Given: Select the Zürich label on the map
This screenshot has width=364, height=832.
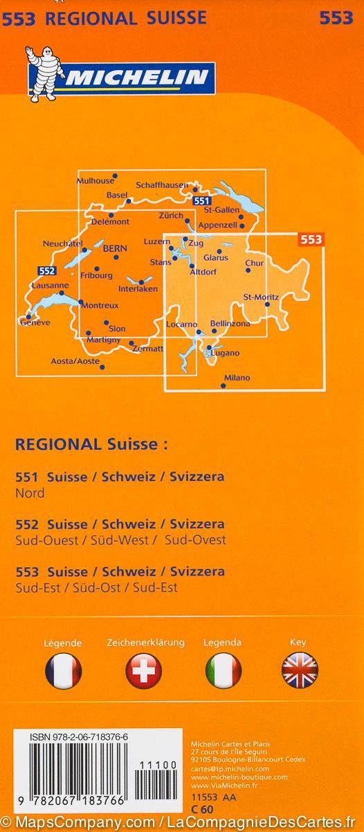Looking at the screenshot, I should (x=170, y=215).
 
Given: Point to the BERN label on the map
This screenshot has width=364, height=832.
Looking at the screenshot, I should (x=113, y=247).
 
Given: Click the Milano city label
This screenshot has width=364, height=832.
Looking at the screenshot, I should (x=236, y=378).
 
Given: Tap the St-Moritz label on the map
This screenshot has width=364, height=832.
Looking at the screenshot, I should (x=261, y=297).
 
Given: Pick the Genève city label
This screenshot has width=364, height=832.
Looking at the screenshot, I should (x=36, y=322).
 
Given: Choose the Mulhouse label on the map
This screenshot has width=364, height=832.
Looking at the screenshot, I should (x=95, y=181).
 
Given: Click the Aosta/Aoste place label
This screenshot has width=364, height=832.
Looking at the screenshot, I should (x=75, y=361).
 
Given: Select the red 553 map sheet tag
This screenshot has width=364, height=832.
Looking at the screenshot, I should (x=311, y=240).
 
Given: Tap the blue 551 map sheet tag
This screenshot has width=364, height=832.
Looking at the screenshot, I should (x=202, y=201).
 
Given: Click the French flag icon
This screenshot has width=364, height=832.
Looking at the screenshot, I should (x=63, y=670).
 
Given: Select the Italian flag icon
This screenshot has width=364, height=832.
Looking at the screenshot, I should (x=223, y=670).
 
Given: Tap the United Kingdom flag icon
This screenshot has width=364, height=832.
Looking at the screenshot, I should (x=300, y=670).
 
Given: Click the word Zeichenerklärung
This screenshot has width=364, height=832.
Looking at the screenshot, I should (x=145, y=643).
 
